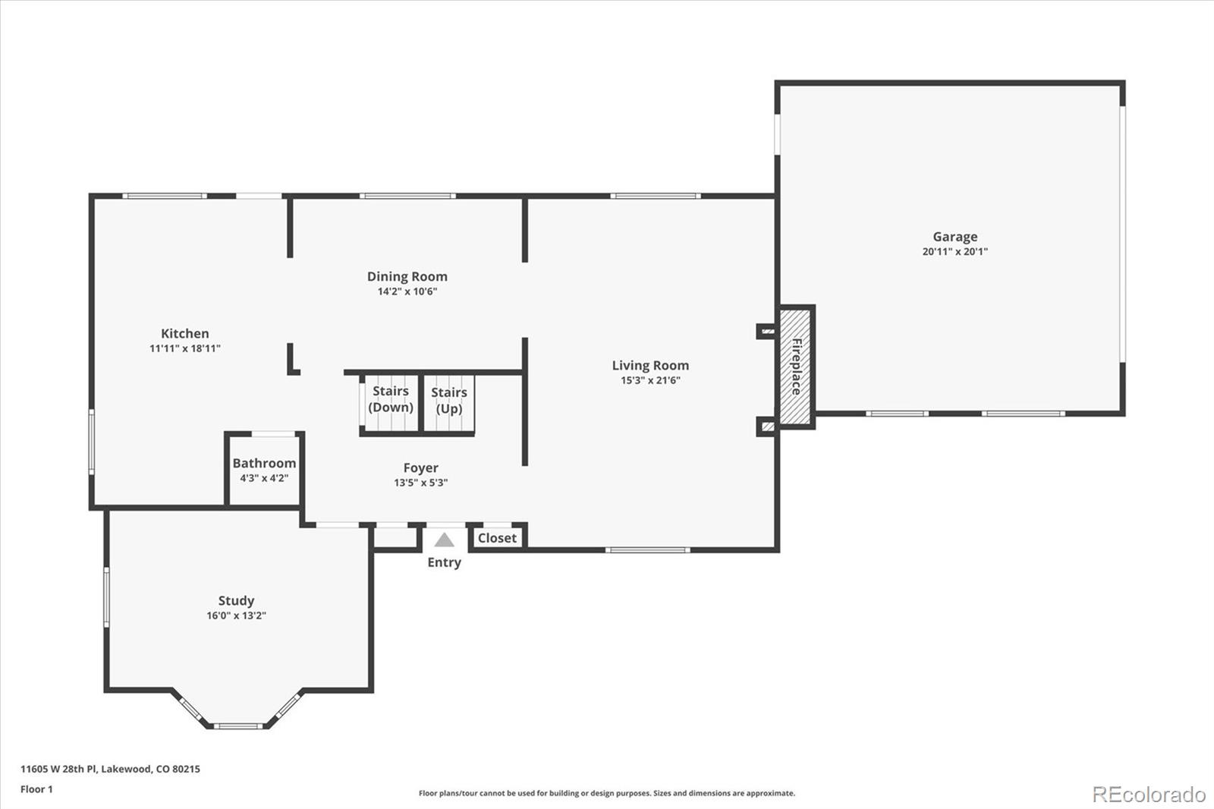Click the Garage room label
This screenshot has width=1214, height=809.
(955, 237)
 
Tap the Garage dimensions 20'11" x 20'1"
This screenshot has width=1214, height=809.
(955, 252)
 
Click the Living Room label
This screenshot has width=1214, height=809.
(650, 366)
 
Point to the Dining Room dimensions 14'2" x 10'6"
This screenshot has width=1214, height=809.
(407, 292)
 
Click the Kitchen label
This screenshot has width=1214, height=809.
(184, 334)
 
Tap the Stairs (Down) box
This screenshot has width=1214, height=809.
(390, 404)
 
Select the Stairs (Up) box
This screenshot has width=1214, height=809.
(448, 404)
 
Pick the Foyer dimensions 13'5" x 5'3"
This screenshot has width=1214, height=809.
(420, 483)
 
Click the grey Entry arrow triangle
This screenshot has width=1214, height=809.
(444, 540)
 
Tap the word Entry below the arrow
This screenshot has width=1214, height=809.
(444, 562)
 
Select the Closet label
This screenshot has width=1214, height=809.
(497, 538)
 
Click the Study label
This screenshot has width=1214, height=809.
(236, 601)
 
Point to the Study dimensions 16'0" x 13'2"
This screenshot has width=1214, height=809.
(236, 616)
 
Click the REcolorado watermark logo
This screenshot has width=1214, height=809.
(1149, 795)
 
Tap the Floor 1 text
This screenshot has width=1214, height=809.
(36, 789)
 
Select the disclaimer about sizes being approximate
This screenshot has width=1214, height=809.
(607, 794)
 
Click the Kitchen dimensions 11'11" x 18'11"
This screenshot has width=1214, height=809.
(184, 349)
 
